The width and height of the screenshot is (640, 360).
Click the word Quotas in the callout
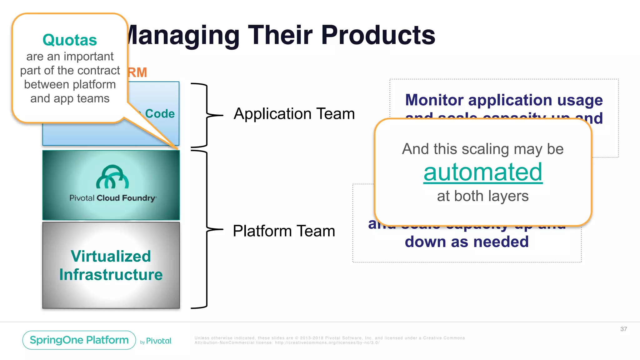[x=70, y=40]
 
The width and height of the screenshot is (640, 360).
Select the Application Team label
[x=294, y=114]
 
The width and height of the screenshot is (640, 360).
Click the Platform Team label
[x=284, y=231]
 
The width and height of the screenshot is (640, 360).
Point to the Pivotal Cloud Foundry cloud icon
[x=112, y=177]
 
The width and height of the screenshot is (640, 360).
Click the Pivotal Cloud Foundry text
[x=113, y=198]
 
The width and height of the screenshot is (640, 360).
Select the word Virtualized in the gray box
[x=111, y=256]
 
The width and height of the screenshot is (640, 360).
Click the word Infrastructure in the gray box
[x=111, y=275]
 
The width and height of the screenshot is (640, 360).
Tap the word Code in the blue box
[x=160, y=114]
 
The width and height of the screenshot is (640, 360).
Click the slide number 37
[x=623, y=329]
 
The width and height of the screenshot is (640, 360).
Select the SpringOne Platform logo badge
[x=79, y=340]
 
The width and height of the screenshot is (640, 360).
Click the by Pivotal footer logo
[x=156, y=341]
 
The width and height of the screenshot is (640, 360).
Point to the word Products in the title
[x=378, y=35]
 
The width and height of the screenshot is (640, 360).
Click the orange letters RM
[x=137, y=72]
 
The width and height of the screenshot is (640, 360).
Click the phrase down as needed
[x=467, y=242]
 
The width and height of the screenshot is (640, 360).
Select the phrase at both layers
[x=483, y=196]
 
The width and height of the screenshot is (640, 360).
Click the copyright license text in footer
[x=330, y=340]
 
